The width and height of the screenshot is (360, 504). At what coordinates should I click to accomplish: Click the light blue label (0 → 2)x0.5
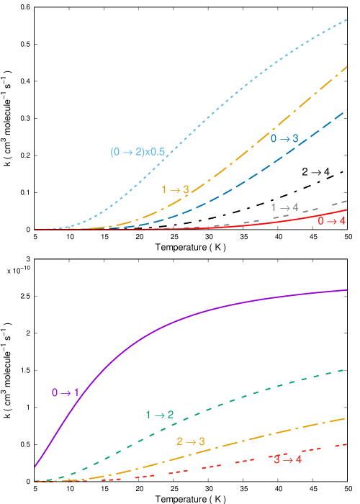[x=138, y=152]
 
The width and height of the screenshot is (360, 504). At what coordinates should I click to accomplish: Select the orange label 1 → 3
[x=175, y=190]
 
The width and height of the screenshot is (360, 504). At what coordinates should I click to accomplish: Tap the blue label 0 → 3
[x=284, y=138]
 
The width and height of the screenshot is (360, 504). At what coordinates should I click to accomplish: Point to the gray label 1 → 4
[x=284, y=207]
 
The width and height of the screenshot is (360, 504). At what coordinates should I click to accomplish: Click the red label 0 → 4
[x=332, y=221]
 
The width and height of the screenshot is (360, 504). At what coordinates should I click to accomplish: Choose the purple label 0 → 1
[x=66, y=393]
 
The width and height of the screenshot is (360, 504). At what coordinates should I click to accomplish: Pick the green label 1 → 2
[x=160, y=415]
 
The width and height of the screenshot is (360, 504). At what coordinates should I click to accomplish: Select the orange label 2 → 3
[x=191, y=441]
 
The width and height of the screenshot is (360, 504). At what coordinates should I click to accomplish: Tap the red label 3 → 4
[x=288, y=459]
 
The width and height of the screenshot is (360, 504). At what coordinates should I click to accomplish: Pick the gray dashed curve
[x=317, y=208]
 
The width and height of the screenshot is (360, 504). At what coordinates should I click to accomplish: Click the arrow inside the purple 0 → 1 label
[x=66, y=393]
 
